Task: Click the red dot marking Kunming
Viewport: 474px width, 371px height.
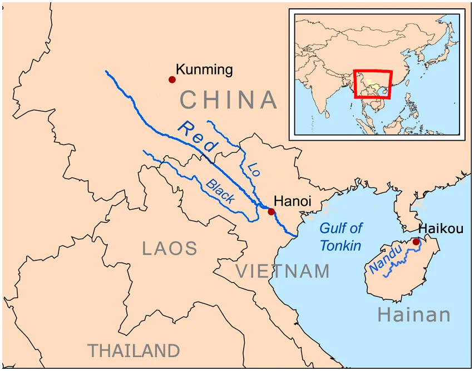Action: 172,80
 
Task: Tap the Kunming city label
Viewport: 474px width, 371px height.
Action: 204,70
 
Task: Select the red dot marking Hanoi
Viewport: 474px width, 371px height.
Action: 271,211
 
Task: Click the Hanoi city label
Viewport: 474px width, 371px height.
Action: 293,201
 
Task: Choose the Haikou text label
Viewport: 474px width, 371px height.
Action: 441,229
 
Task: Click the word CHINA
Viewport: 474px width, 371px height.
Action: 228,100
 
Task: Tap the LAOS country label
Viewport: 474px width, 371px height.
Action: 170,248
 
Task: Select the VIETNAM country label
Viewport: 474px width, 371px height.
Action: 283,271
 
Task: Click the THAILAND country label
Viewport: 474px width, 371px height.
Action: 134,351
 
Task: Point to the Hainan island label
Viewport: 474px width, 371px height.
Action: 414,315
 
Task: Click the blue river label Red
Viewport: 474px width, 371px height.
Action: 197,136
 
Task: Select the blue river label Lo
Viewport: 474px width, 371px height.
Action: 254,169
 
